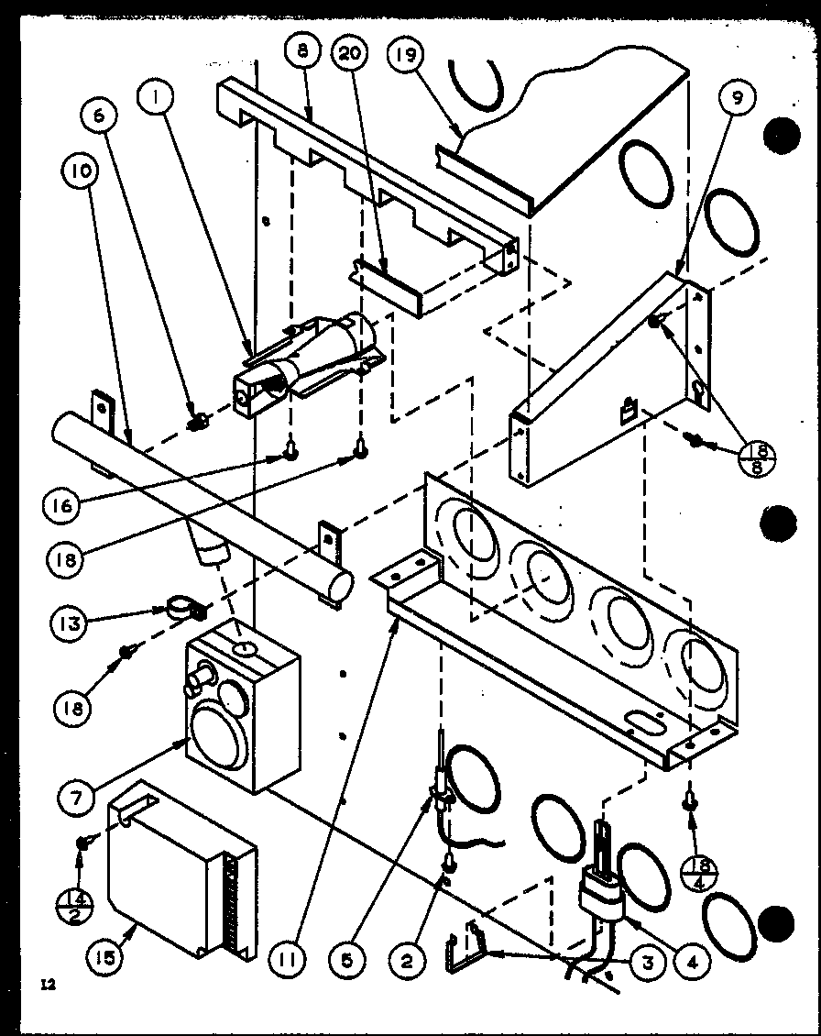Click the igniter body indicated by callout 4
(600, 894)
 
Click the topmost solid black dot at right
(780, 135)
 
